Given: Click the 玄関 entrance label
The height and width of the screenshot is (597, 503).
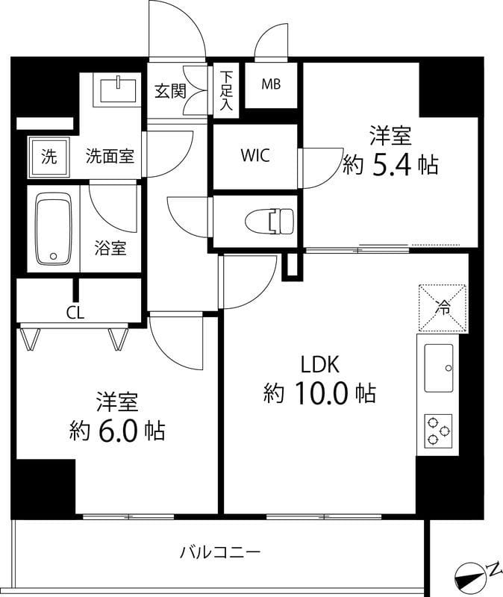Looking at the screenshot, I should pyautogui.click(x=169, y=90).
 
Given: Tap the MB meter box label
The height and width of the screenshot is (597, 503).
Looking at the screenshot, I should pyautogui.click(x=271, y=84).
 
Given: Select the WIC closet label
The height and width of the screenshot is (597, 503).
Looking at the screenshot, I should pyautogui.click(x=255, y=156).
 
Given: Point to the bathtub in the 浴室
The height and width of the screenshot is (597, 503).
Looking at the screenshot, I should pyautogui.click(x=53, y=228).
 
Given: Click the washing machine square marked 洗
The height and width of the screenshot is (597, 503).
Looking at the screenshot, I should pyautogui.click(x=49, y=157).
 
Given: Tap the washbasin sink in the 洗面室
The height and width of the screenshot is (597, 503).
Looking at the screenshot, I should pyautogui.click(x=118, y=91).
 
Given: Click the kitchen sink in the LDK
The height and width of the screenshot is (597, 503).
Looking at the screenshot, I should pyautogui.click(x=441, y=368).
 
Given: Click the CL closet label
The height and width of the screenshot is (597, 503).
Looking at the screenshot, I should pyautogui.click(x=75, y=313).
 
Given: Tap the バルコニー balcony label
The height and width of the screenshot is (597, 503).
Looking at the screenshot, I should pyautogui.click(x=219, y=553).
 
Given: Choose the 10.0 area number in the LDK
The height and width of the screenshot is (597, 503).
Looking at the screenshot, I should pyautogui.click(x=327, y=393).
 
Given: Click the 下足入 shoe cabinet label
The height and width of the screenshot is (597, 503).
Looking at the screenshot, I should pyautogui.click(x=225, y=91).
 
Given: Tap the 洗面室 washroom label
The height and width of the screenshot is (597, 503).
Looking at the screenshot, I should pyautogui.click(x=110, y=157).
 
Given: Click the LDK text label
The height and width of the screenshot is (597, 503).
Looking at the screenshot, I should pyautogui.click(x=320, y=364).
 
